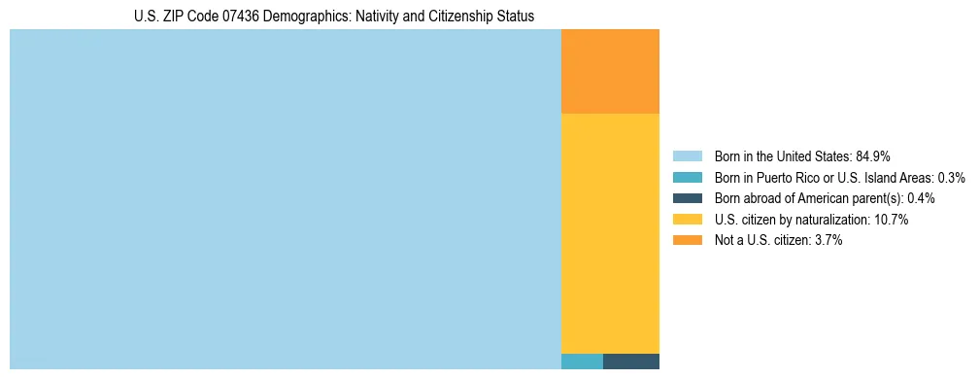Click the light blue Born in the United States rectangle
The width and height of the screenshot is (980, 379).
click(x=285, y=199)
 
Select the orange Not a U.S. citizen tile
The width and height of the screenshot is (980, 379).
click(x=610, y=72)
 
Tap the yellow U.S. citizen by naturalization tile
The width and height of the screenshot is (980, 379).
click(x=610, y=233)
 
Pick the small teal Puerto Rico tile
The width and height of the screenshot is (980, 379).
click(x=582, y=362)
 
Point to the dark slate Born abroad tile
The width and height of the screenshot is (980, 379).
click(x=631, y=362)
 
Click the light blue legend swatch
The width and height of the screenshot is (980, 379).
click(x=687, y=156)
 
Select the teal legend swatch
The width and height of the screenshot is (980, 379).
click(x=687, y=178)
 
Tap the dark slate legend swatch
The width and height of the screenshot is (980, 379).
click(x=687, y=198)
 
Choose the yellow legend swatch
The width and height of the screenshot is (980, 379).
click(x=687, y=220)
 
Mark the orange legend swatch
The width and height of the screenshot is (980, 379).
click(x=687, y=240)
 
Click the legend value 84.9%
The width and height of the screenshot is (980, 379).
click(x=873, y=156)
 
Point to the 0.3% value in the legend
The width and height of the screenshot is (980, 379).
click(x=951, y=178)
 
